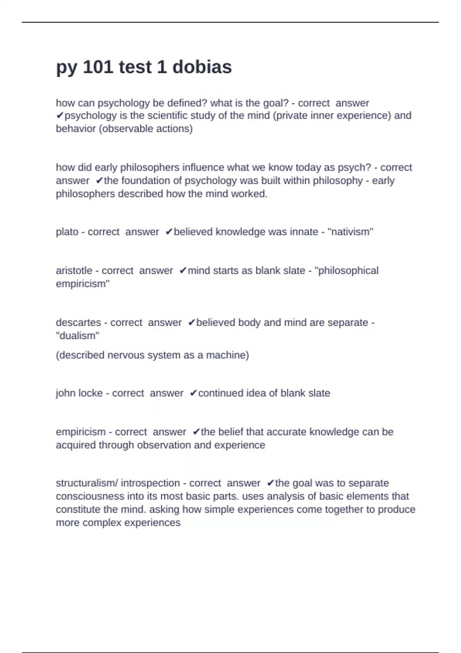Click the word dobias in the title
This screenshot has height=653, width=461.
click(x=202, y=67)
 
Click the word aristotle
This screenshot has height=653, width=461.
click(x=74, y=271)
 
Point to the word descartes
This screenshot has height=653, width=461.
click(x=78, y=323)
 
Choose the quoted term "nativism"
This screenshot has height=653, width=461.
click(x=350, y=232)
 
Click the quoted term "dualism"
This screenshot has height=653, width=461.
click(x=78, y=336)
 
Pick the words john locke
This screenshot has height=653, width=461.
click(x=79, y=393)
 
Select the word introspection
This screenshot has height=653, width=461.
click(x=150, y=483)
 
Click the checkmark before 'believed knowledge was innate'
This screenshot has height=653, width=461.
click(x=169, y=232)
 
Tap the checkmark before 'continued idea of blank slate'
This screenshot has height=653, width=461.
click(x=193, y=393)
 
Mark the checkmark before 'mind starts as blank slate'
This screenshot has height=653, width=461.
click(x=183, y=271)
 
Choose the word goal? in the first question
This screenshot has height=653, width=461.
click(x=275, y=103)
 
